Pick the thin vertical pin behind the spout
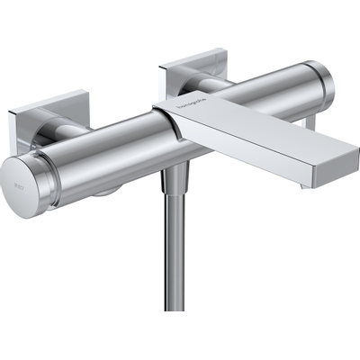310,121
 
